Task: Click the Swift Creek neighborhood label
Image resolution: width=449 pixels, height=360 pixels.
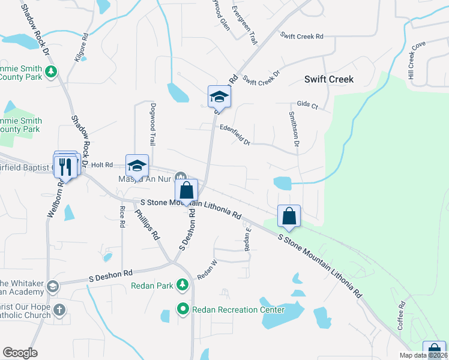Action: [x=328, y=79]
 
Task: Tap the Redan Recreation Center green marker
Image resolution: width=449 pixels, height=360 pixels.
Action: [x=183, y=309]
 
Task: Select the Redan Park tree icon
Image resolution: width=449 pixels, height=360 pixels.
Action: [x=183, y=286]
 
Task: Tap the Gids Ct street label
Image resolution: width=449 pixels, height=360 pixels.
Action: [x=307, y=104]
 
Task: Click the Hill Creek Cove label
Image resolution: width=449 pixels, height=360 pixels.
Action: [x=417, y=60]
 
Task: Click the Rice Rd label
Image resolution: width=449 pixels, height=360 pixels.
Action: [x=122, y=217]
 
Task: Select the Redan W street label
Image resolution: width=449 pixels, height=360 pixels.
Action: [x=206, y=271]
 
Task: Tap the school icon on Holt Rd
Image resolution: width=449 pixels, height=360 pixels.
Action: [x=137, y=165]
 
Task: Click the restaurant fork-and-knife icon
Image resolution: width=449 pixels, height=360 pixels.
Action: [x=67, y=165]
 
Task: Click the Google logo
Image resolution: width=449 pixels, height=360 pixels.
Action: [x=19, y=353]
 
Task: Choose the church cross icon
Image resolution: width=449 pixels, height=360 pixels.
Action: [x=58, y=310]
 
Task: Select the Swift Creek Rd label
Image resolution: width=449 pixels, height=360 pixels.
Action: [x=302, y=37]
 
